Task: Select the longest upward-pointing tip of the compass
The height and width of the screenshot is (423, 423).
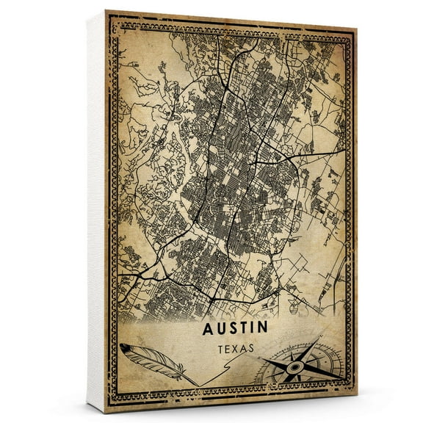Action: pos(321,337)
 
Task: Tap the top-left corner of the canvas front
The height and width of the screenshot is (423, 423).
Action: pos(106,10)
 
